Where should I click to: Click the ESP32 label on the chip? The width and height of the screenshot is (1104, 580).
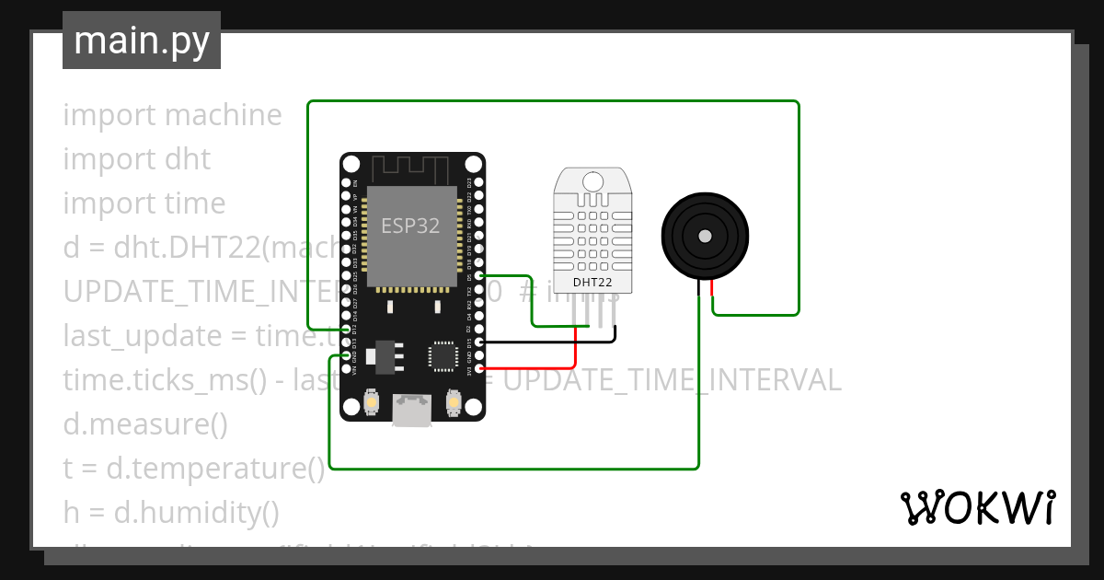[410, 226]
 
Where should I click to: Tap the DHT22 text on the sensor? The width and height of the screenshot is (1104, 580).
[592, 283]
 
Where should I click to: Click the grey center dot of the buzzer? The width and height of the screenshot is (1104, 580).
[705, 236]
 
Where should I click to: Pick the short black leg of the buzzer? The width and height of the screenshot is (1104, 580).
[699, 288]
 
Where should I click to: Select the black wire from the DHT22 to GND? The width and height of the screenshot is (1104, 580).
[552, 342]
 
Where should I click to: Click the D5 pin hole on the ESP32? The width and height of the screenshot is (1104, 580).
[479, 275]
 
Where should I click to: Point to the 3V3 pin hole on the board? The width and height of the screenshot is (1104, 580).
[479, 368]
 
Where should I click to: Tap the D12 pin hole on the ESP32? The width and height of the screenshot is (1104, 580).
[347, 329]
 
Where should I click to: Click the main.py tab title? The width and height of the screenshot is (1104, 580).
[142, 41]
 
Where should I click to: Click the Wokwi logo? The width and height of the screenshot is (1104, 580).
[977, 507]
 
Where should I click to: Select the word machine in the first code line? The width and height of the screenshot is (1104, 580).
[223, 115]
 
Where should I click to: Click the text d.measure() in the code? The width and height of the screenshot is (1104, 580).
[145, 424]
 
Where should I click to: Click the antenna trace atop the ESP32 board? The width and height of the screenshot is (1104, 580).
[410, 168]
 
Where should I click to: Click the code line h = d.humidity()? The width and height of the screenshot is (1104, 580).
[171, 512]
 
